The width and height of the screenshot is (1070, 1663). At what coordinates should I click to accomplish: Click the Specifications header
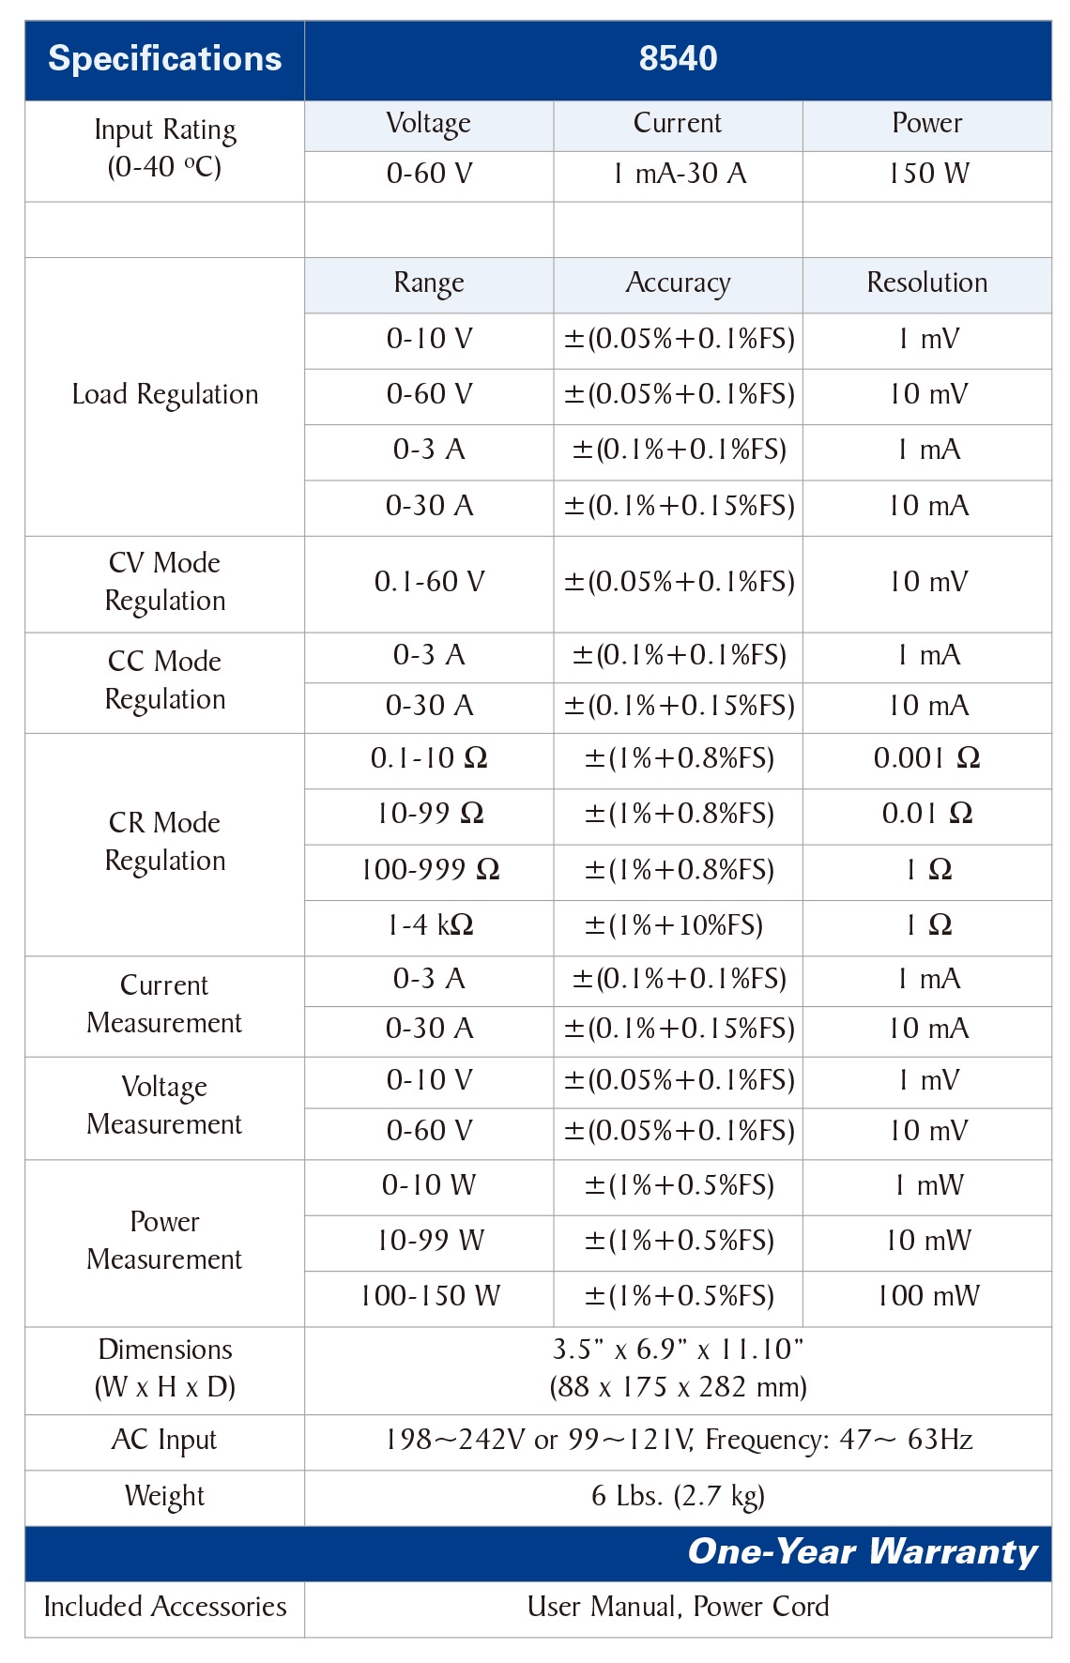tap(165, 59)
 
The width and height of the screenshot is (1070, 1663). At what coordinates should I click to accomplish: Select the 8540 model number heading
tap(678, 58)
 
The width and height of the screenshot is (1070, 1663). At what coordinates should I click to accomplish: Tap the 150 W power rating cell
tap(927, 174)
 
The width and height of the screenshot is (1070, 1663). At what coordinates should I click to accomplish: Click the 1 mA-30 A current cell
tap(678, 174)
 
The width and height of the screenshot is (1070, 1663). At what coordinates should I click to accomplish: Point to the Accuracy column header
tap(678, 283)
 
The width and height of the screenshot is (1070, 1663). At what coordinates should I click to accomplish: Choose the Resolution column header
tap(927, 282)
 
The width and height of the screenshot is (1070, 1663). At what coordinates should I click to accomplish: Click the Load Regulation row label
tap(165, 395)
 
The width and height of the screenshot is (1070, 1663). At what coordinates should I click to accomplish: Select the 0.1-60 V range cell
tap(429, 582)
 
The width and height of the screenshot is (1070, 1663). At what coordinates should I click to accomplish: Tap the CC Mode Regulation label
tap(165, 680)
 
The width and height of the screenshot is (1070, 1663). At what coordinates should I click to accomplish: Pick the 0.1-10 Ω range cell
tap(429, 758)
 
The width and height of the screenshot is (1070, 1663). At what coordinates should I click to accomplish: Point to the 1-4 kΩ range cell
tap(430, 925)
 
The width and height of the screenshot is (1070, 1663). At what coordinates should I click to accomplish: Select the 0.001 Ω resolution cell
tap(927, 758)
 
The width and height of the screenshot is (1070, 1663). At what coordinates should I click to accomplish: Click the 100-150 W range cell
tap(430, 1296)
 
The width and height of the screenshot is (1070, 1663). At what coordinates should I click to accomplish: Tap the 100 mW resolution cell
tap(928, 1296)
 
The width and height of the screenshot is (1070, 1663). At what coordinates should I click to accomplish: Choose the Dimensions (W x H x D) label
tap(165, 1368)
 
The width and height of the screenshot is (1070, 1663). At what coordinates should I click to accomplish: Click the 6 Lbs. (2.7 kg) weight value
tap(678, 1496)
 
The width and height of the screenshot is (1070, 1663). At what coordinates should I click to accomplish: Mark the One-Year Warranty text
tap(863, 1552)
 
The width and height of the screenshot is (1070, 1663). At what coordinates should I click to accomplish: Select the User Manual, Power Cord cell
tap(678, 1607)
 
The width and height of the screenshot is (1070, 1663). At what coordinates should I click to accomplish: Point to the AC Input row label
tap(164, 1441)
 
